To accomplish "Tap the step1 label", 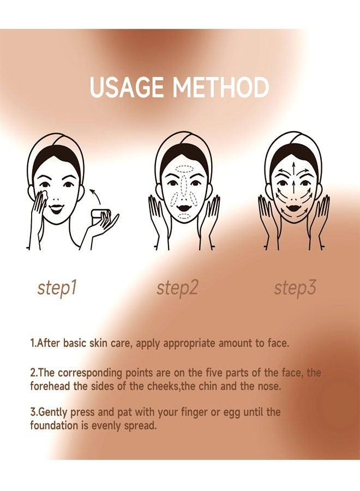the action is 57,288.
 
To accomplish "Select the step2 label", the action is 177,288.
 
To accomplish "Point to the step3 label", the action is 295,288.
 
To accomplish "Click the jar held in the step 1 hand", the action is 100,215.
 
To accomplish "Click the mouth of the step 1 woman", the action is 57,208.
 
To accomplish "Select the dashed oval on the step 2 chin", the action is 184,215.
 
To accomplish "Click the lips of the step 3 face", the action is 293,207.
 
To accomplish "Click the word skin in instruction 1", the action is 99,343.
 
